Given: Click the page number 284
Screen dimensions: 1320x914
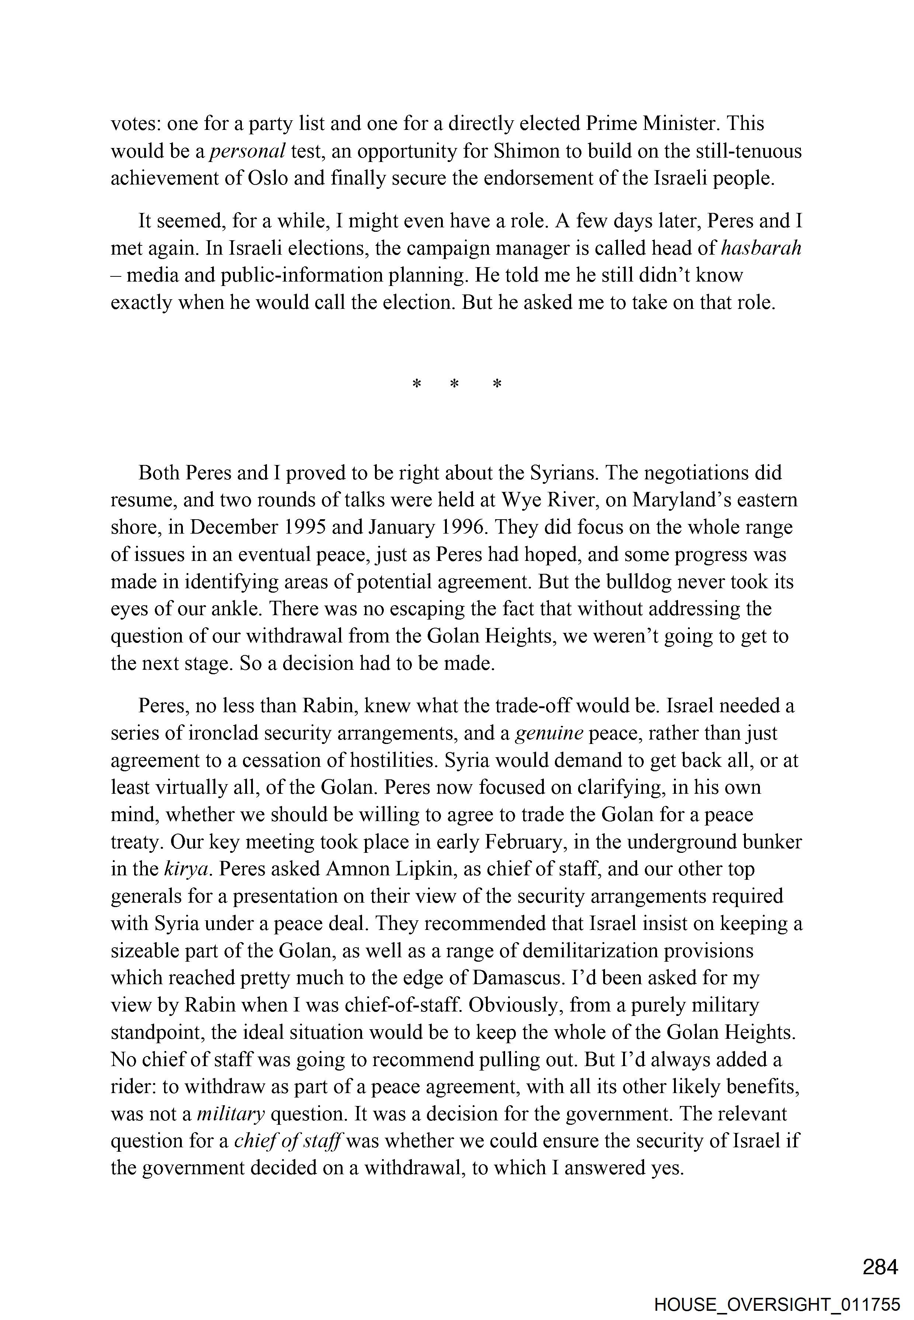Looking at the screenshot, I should pos(880,1267).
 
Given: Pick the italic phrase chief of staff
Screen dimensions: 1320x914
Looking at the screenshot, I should pos(288,1141).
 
